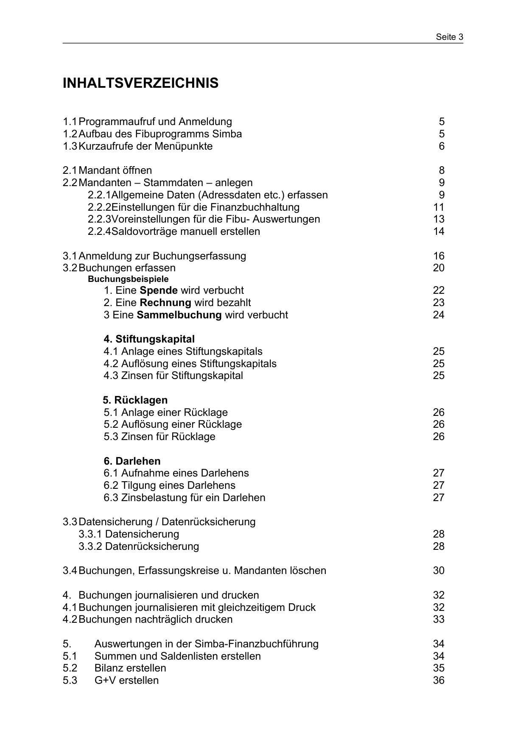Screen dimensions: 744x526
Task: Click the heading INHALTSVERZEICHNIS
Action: click(x=140, y=83)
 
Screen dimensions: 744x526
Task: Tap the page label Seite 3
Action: click(x=449, y=37)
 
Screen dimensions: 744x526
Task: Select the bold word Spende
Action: click(x=159, y=290)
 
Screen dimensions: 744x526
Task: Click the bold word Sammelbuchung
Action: click(x=179, y=315)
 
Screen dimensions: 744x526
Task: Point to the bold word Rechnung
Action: click(x=165, y=303)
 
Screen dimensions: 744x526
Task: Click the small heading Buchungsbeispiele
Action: click(x=128, y=279)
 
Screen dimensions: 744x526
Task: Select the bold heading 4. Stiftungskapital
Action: click(x=149, y=339)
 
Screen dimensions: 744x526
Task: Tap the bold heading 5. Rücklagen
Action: click(x=135, y=400)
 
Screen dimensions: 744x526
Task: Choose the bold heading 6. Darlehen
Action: click(x=132, y=461)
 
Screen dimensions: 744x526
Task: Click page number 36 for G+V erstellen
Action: click(x=439, y=680)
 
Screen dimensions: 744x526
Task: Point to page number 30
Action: click(x=439, y=571)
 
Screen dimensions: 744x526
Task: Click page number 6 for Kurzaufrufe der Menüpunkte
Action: click(x=442, y=146)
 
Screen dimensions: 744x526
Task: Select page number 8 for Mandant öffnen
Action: click(x=442, y=170)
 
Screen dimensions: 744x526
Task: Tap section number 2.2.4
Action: click(x=99, y=231)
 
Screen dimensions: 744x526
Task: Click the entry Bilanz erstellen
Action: click(x=130, y=668)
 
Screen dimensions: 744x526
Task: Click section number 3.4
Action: click(x=70, y=571)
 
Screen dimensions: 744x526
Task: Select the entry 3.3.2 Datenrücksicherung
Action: click(x=139, y=546)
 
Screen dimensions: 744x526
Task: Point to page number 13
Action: click(x=439, y=219)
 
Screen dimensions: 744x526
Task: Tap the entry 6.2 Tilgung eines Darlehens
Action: click(x=169, y=485)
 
